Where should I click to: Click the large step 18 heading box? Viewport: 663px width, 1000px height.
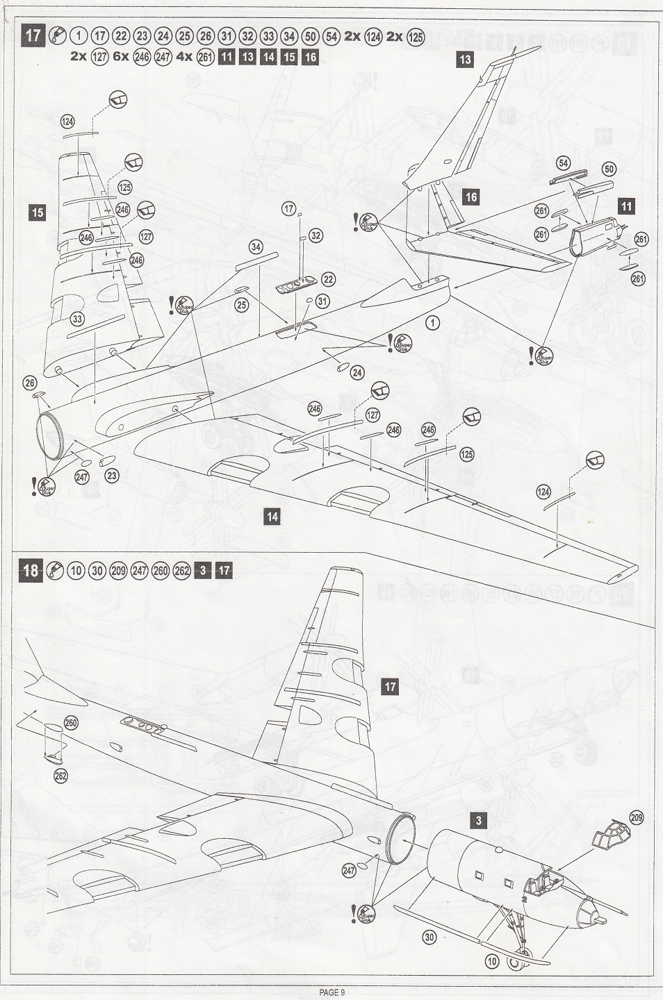[x=31, y=571]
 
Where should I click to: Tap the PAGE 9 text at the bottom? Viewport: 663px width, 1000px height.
[x=332, y=992]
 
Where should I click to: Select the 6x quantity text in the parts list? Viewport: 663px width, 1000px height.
[x=121, y=57]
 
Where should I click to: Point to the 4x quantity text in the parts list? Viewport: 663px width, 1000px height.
[x=183, y=57]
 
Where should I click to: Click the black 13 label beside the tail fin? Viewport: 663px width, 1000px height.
[x=465, y=60]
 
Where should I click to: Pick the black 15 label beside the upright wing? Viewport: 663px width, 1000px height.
[x=38, y=212]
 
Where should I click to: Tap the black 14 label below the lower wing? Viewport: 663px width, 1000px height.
[x=272, y=516]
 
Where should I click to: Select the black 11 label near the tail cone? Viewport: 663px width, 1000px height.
[x=627, y=206]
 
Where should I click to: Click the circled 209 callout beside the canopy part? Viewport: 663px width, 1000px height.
[x=637, y=817]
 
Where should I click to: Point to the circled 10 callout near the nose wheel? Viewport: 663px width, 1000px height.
[x=492, y=962]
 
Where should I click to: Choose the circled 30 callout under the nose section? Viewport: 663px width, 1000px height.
[x=429, y=937]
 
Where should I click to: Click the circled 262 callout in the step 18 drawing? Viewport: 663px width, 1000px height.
[x=60, y=776]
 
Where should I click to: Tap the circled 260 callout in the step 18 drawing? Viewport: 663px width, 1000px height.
[x=71, y=723]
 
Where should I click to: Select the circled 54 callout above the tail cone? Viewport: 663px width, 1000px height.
[x=563, y=164]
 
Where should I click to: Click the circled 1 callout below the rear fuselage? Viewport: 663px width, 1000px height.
[x=433, y=323]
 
